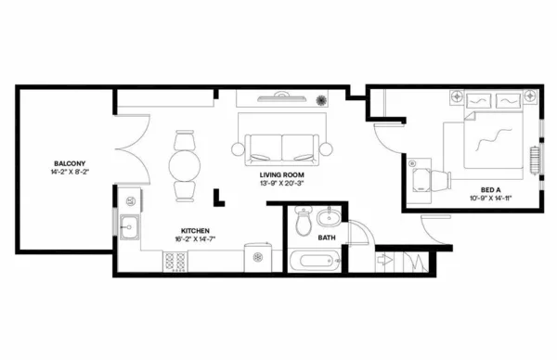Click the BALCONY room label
(x=69, y=163)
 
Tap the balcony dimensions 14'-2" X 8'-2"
(x=69, y=173)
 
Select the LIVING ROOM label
(x=283, y=174)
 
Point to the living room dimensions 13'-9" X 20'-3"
(x=283, y=183)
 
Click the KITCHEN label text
(x=194, y=230)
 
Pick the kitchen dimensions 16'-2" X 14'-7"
(x=194, y=239)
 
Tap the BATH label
(x=327, y=238)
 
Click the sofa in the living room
(x=281, y=147)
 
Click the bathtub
(x=318, y=261)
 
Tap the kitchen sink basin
(x=129, y=225)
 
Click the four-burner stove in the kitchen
(x=175, y=262)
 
